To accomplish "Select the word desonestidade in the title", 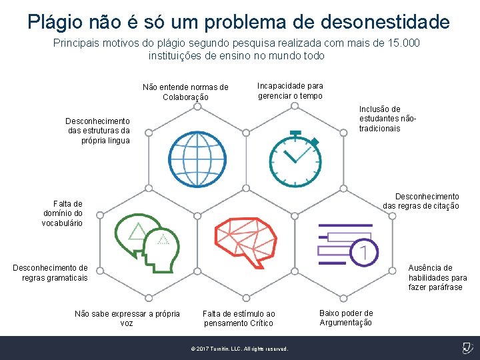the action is tap(385, 22).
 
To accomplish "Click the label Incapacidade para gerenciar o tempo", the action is tap(290, 91).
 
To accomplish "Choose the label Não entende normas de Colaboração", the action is tap(185, 92).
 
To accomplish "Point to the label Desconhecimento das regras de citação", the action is tap(421, 201).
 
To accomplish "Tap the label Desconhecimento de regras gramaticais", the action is tap(51, 273).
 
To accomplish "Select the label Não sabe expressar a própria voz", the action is tap(127, 318).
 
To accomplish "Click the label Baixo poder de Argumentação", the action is tap(346, 318).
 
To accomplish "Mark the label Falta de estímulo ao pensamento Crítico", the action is tap(239, 318).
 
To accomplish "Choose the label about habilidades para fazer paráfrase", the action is tap(437, 277).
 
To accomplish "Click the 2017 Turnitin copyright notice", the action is tap(239, 349).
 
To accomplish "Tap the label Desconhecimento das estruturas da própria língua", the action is tap(97, 131).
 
